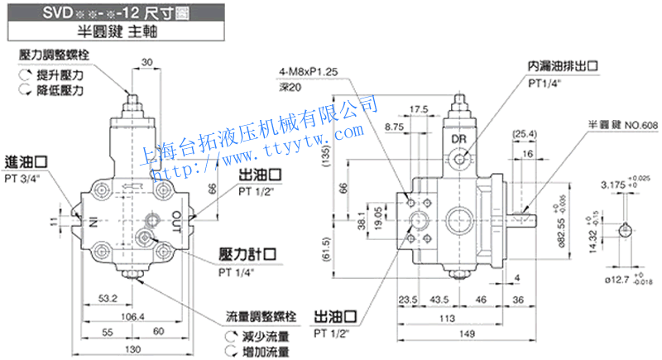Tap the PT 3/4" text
coord(26,177)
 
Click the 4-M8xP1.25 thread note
coord(308,73)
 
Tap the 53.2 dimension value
coord(106,297)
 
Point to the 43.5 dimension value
coord(439,299)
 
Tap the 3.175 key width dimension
coord(613,183)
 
